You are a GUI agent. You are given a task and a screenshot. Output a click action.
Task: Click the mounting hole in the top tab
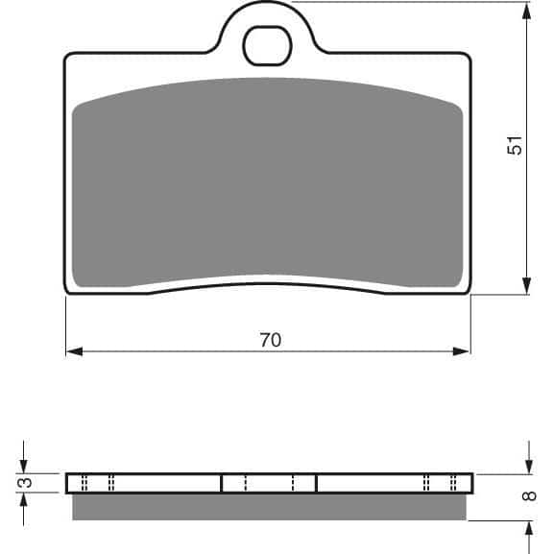tap(267, 44)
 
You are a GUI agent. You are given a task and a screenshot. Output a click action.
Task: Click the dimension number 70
tap(270, 340)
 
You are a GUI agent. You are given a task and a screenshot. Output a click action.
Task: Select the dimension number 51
tap(516, 146)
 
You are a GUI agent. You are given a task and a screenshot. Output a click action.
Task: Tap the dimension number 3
tap(27, 482)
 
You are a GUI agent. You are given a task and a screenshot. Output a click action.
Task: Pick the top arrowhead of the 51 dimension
tap(527, 12)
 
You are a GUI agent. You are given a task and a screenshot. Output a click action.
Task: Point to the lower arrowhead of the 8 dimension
tap(529, 529)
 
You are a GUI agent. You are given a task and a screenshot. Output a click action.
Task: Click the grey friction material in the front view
tap(267, 182)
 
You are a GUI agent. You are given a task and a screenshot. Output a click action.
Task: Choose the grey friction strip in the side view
tap(269, 506)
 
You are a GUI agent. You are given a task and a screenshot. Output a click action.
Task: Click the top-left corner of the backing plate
tap(67, 56)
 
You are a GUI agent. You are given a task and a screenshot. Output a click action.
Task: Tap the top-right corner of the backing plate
tap(469, 56)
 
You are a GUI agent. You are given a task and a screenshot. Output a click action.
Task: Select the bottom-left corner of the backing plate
tap(67, 290)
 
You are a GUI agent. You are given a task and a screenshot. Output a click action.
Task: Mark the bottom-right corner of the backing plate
tap(469, 290)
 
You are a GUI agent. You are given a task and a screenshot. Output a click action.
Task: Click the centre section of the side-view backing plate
tap(269, 482)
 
